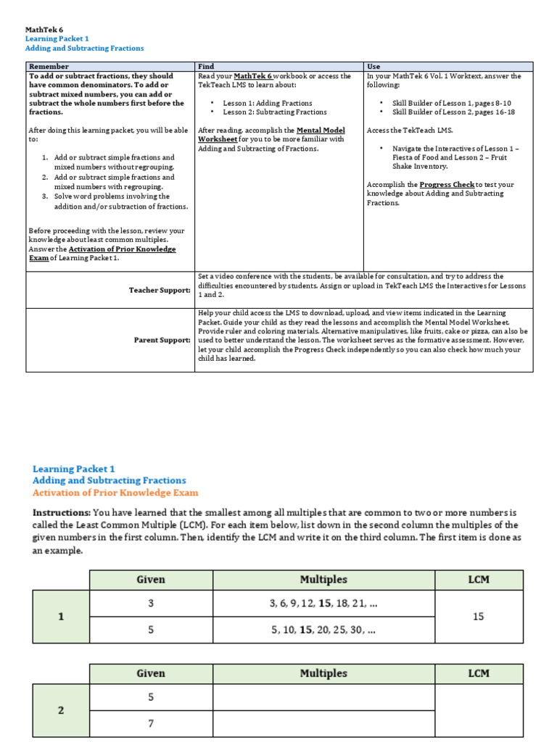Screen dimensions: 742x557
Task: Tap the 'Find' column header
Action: pos(206,67)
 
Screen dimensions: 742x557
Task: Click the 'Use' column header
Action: pos(374,67)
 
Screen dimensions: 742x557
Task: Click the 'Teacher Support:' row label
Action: pos(160,290)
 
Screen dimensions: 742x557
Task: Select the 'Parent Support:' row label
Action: pos(162,340)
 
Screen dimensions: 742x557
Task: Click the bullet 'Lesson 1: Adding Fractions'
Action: pos(267,103)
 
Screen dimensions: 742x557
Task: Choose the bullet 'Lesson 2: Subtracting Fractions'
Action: pos(274,112)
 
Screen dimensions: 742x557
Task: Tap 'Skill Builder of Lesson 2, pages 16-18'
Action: pos(453,112)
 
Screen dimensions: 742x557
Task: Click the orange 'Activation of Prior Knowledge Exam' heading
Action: pos(115,492)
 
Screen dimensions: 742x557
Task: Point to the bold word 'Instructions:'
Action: pos(62,512)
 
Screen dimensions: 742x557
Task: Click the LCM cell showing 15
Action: pos(478,617)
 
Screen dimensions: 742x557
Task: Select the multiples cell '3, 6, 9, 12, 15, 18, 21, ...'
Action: pos(323,604)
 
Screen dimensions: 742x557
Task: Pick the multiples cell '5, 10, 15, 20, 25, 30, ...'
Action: pos(323,630)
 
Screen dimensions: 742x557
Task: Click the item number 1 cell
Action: pos(61,617)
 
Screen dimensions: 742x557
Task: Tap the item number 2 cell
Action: pos(61,710)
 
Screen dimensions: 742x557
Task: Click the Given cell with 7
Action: pos(151,723)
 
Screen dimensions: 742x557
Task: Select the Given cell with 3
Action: pos(151,604)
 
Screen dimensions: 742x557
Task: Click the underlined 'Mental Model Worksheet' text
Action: pos(271,135)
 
